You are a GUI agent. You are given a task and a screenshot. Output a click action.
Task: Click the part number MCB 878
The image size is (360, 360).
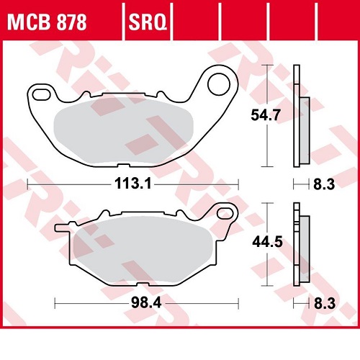[47, 22]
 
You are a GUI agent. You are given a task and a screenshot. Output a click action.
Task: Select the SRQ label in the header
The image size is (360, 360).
[148, 22]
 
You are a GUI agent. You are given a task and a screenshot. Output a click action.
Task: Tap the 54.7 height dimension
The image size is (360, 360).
[266, 115]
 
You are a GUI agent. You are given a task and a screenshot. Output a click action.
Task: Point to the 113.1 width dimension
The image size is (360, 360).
[133, 184]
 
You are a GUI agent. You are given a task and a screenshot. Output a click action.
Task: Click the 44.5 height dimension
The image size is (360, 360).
[267, 242]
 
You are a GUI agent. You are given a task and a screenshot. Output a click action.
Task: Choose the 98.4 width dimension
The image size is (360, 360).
[146, 302]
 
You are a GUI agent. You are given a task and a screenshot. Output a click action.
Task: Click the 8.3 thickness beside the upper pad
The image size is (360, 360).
[324, 184]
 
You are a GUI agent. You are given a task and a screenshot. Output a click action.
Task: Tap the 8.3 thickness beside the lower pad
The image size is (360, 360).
[325, 304]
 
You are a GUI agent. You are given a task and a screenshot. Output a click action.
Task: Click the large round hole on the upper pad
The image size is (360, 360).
[219, 84]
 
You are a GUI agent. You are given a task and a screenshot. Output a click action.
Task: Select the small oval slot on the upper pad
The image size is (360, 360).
[41, 95]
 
